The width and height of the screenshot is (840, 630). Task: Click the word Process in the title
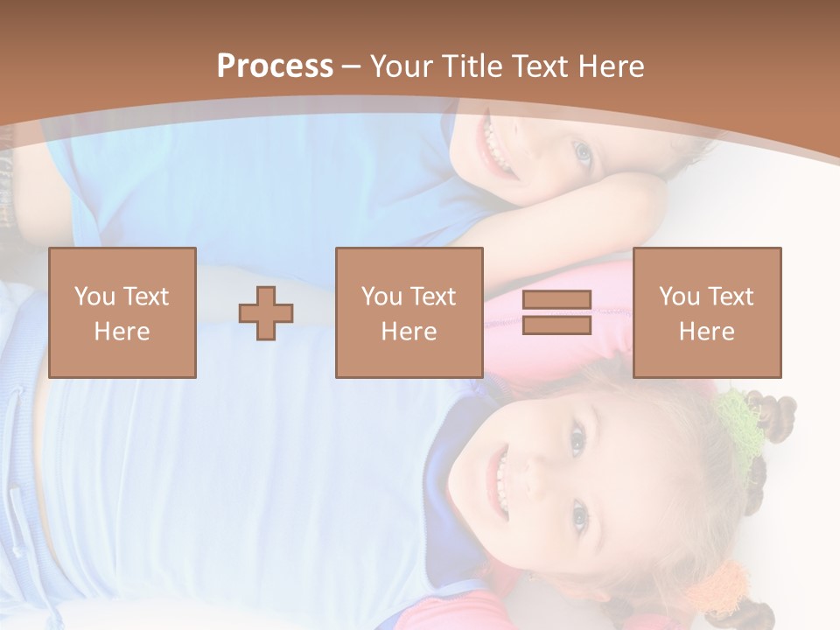pyautogui.click(x=275, y=66)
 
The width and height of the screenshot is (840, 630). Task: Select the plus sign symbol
pyautogui.click(x=267, y=313)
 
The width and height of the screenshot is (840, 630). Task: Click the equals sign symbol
pyautogui.click(x=556, y=313)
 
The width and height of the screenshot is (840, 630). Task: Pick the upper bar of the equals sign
pyautogui.click(x=556, y=300)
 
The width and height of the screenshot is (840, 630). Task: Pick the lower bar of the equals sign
pyautogui.click(x=556, y=325)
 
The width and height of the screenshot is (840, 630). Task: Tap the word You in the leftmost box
pyautogui.click(x=94, y=297)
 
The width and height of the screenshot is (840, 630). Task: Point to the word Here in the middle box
pyautogui.click(x=409, y=332)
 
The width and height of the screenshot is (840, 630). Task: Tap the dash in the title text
pyautogui.click(x=351, y=66)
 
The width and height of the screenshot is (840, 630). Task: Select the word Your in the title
pyautogui.click(x=402, y=66)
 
